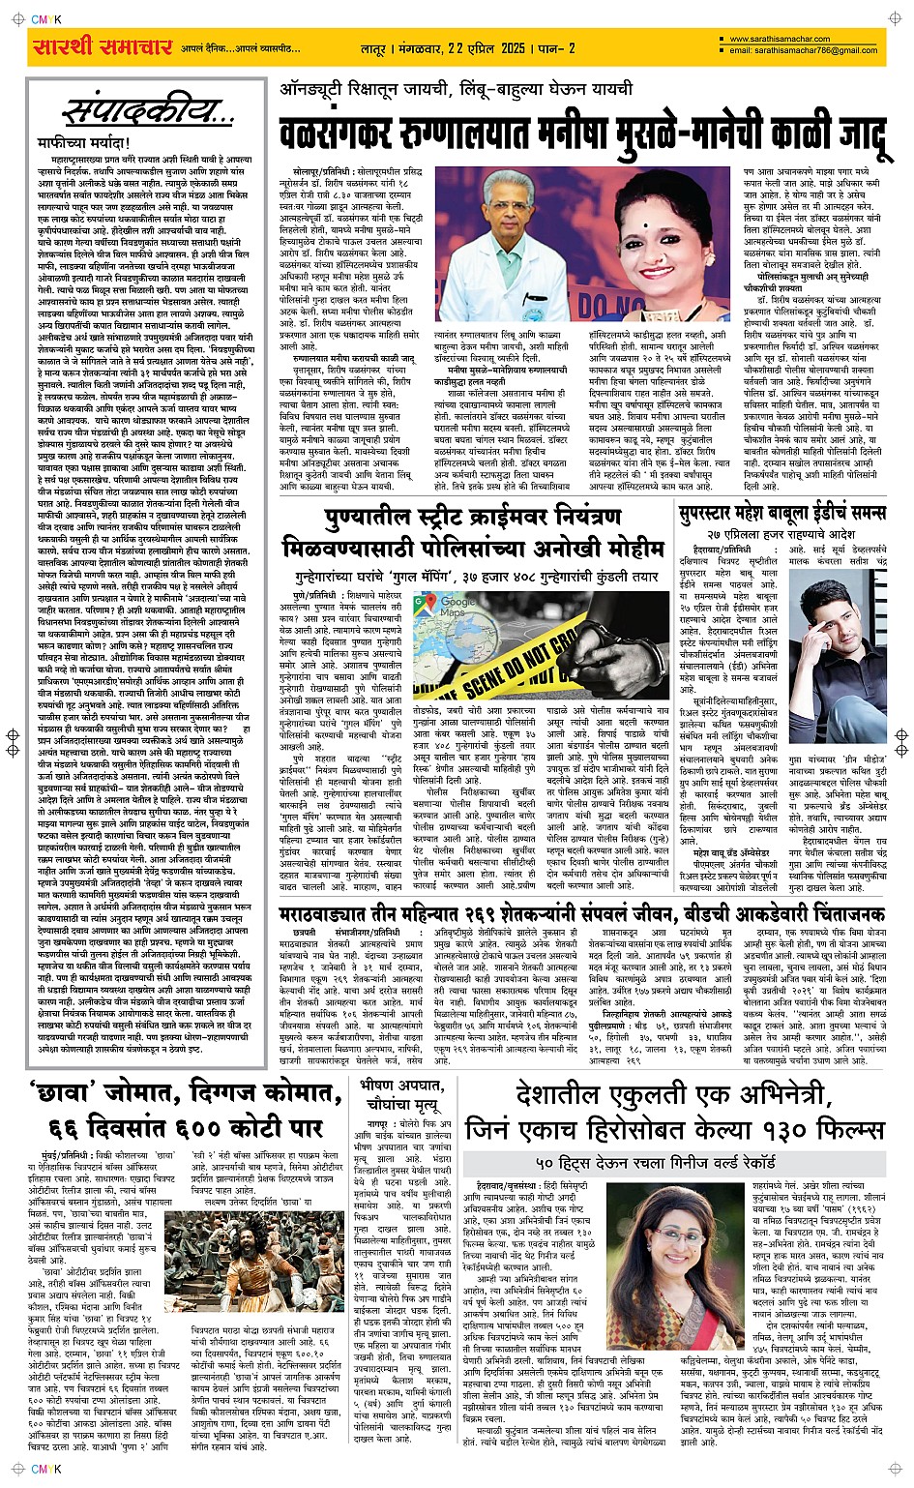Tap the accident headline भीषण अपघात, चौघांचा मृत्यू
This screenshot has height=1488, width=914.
pyautogui.click(x=404, y=1094)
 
